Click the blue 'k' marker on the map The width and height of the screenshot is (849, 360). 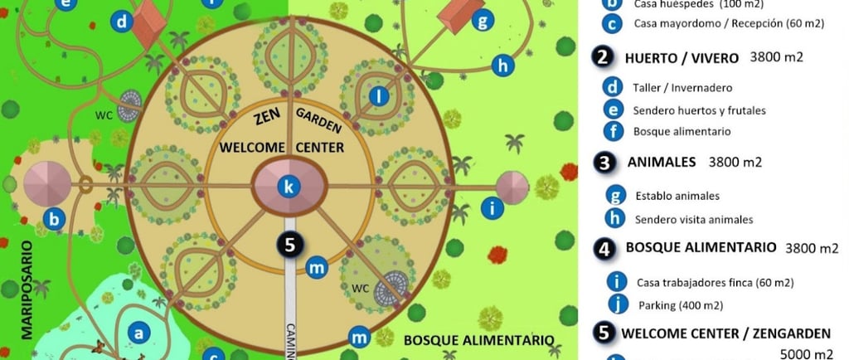point(289,187)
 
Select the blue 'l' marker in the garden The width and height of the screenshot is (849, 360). point(379,97)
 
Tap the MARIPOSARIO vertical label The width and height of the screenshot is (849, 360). point(26,290)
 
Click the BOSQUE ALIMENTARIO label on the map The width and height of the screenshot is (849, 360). point(478,340)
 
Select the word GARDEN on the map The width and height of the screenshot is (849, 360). point(319,120)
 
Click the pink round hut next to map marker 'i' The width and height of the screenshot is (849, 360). point(512,187)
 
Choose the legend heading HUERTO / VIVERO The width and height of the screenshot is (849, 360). point(681,58)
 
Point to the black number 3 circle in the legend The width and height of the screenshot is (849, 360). point(604,163)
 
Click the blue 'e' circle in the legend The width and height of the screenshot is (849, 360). point(614,109)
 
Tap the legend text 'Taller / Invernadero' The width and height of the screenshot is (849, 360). point(682,87)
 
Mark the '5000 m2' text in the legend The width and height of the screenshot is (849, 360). point(809,355)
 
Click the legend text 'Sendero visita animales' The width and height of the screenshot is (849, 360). point(694,220)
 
